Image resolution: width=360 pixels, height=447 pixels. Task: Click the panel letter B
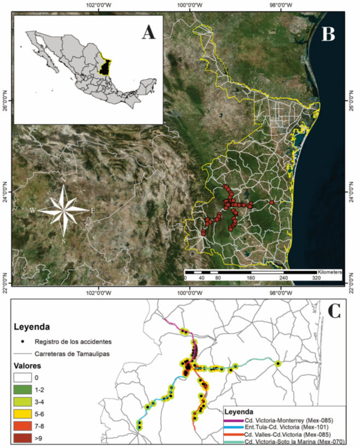328,34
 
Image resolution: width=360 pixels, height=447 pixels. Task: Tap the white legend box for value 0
25,376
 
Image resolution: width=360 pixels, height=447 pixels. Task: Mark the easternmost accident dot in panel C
278,363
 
